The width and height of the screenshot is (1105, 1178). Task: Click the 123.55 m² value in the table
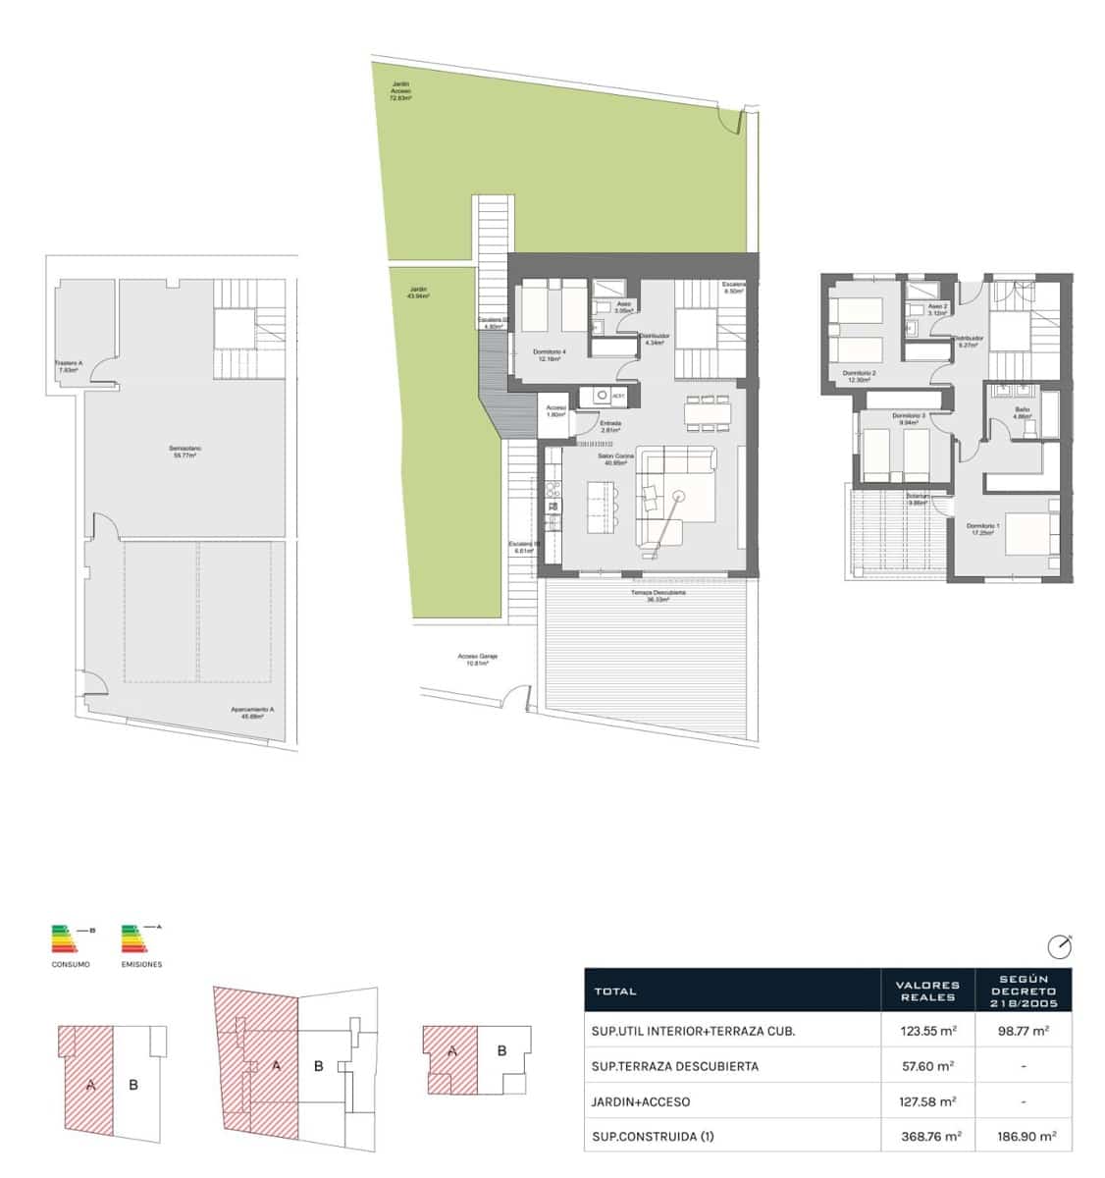coord(927,1031)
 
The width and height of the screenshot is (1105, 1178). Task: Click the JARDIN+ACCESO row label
coord(641,1101)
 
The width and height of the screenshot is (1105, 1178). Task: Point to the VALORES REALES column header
coord(927,991)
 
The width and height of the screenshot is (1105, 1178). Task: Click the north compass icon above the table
coord(1059,946)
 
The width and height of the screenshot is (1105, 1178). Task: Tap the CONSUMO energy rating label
coord(71,964)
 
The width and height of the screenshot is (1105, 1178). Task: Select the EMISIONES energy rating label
coord(142,964)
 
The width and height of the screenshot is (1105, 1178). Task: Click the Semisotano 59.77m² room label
coord(184,453)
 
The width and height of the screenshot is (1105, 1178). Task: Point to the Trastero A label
coord(69,366)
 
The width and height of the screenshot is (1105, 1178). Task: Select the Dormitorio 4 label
coord(550,355)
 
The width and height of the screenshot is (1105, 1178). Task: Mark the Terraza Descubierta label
coord(658,596)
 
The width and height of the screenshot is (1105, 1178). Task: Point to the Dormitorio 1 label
coord(985,529)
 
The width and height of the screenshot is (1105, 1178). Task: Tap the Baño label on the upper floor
coord(1022,412)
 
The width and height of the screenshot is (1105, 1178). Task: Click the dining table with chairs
coord(708,412)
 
